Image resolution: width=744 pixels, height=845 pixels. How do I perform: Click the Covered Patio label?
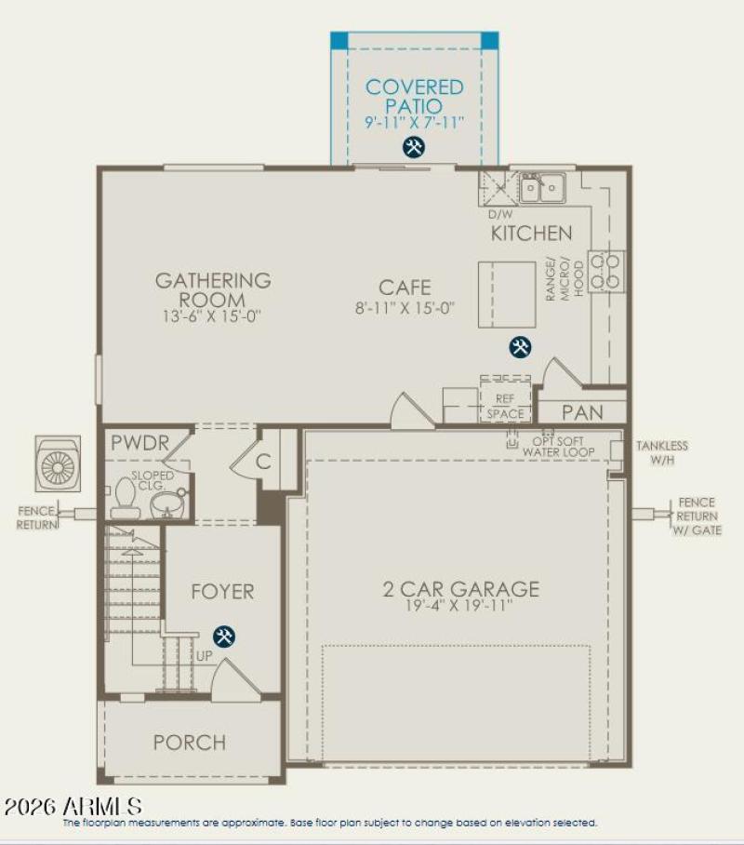click(x=414, y=97)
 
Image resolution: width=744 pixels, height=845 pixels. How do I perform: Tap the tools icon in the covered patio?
click(x=414, y=147)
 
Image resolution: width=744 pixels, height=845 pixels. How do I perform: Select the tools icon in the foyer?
click(x=223, y=637)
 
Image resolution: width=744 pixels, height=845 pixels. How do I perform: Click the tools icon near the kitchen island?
click(x=520, y=347)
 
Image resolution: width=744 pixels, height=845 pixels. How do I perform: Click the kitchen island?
click(x=507, y=295)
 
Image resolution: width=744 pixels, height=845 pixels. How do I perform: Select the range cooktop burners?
click(x=607, y=270)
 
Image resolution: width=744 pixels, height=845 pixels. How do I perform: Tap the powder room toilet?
click(x=124, y=502)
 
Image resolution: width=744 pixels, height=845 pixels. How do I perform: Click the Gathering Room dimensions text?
click(x=213, y=316)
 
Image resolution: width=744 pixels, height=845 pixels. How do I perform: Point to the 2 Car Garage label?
click(x=461, y=589)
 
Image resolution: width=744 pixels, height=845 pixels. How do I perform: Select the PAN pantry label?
click(x=583, y=411)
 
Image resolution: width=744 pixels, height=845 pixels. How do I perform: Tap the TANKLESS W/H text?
click(x=661, y=451)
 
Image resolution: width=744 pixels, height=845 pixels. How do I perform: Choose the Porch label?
click(x=190, y=743)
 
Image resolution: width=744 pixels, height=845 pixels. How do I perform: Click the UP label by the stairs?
click(x=203, y=656)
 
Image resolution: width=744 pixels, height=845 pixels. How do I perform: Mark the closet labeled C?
click(x=263, y=461)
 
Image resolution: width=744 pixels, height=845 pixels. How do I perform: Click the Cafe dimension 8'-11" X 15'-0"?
click(x=405, y=309)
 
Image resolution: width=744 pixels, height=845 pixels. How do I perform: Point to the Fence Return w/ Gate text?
click(x=697, y=516)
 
